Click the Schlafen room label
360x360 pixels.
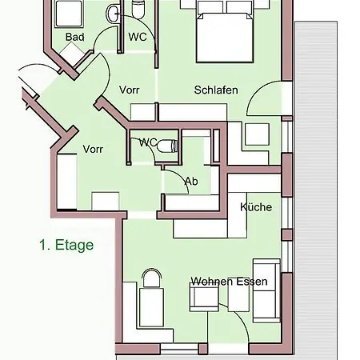pos(216,90)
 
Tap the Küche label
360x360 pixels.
pos(256,207)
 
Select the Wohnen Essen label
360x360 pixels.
pos(229,282)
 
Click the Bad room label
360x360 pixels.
pos(75,37)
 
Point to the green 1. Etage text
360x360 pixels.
pos(66,245)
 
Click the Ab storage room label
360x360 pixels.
pos(191,182)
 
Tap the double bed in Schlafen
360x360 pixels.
pos(225,32)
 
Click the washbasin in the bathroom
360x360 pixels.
pos(112,14)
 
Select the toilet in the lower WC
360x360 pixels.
pos(168,146)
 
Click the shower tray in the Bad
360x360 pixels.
pos(69,14)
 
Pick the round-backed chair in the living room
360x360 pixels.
pos(152,278)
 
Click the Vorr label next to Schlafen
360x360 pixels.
pos(129,90)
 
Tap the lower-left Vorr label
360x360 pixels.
pos(93,149)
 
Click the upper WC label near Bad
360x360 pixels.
pos(138,37)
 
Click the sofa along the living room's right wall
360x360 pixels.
pos(266,290)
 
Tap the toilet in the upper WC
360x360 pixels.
pos(138,10)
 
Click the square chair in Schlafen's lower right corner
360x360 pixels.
pos(257,134)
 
